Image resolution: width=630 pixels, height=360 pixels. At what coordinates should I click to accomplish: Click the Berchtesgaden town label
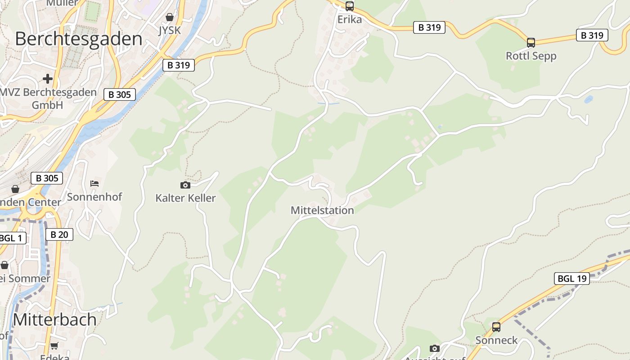(x=79, y=39)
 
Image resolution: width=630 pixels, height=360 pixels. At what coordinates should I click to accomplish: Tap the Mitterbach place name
(x=54, y=319)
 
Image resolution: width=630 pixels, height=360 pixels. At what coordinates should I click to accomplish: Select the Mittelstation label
(x=322, y=210)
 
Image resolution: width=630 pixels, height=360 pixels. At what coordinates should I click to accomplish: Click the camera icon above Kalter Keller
(x=185, y=185)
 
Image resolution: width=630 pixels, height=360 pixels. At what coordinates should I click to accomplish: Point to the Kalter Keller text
(x=185, y=198)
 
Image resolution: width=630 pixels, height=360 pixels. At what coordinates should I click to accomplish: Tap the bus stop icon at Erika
(x=350, y=6)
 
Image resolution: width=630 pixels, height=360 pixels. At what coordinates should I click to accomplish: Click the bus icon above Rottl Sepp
(x=531, y=43)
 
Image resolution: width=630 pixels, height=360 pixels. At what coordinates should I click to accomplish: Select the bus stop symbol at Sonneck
(x=496, y=327)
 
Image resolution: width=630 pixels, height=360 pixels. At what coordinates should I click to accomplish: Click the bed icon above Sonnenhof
(x=94, y=184)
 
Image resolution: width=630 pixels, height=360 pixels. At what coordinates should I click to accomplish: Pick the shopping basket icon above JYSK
(x=170, y=18)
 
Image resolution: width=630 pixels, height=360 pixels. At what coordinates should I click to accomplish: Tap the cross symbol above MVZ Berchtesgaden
(x=48, y=79)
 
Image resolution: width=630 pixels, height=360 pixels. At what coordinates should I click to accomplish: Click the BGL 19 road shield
(x=571, y=279)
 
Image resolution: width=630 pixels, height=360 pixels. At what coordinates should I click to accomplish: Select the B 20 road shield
(x=59, y=234)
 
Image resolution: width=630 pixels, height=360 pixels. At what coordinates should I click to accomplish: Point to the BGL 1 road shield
(x=11, y=238)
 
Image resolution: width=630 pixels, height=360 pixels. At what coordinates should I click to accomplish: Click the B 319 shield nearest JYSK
(x=179, y=65)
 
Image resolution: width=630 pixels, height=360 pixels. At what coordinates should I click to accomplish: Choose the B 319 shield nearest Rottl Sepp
(x=592, y=35)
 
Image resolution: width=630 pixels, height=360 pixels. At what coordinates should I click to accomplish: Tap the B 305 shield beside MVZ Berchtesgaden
(x=120, y=94)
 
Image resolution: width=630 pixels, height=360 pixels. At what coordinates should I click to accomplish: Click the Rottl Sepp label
(x=531, y=56)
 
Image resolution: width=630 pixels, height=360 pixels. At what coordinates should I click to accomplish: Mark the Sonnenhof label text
(x=94, y=197)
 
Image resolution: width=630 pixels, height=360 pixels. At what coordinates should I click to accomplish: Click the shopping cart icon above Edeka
(x=54, y=346)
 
